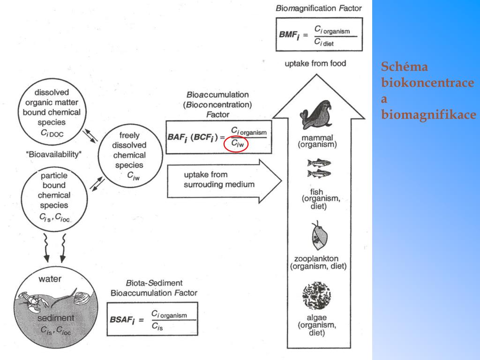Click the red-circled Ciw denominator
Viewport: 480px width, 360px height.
point(236,145)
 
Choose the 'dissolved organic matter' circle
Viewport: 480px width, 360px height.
point(52,111)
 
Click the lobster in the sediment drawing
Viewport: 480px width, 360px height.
point(33,303)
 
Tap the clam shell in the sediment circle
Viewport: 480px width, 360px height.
point(82,297)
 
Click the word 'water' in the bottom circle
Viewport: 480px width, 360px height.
point(50,279)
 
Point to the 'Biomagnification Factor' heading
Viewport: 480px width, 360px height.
point(319,8)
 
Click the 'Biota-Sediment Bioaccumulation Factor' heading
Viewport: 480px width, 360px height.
point(153,288)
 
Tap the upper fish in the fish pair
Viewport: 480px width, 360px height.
point(318,163)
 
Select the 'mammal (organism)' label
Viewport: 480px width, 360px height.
point(317,141)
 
